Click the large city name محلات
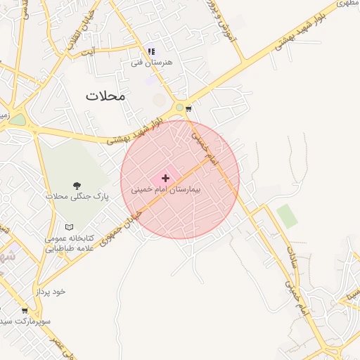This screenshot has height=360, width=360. tap(105, 96)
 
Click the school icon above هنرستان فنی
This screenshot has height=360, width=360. tap(151, 51)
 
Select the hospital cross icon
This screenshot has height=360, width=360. tap(166, 178)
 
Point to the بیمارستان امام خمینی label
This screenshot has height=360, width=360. tap(166, 190)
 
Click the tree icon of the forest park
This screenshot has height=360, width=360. tap(77, 186)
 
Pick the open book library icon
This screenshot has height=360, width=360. tap(69, 227)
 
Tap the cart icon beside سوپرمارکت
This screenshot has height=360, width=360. tap(25, 310)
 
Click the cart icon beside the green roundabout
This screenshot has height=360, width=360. tap(188, 108)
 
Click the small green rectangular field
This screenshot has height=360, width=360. tap(286, 216)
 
